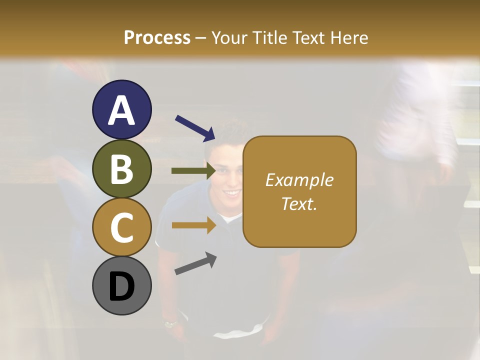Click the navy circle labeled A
121,109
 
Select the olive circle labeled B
121,168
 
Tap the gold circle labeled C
121,227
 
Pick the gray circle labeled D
121,285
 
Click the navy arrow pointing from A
195,128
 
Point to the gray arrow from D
195,264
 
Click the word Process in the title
157,37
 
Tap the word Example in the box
299,180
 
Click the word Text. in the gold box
299,203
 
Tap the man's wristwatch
170,323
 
